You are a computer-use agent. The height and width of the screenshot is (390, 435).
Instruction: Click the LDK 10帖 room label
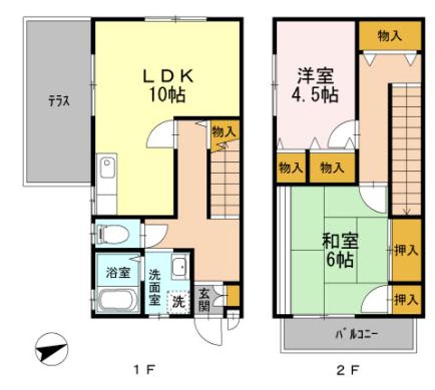[x=168, y=85]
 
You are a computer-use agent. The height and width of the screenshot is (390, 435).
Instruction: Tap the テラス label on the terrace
[x=59, y=101]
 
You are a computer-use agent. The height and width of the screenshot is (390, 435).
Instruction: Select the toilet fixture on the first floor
[x=112, y=234]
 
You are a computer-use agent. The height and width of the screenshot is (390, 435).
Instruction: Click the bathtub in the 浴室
[x=117, y=301]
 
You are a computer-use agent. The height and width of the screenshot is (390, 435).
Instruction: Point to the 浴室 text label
[x=118, y=273]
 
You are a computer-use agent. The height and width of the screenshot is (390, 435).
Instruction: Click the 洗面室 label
[x=155, y=288]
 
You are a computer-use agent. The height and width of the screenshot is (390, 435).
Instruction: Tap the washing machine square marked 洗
[x=178, y=302]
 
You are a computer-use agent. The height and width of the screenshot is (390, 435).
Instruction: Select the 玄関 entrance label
[x=204, y=299]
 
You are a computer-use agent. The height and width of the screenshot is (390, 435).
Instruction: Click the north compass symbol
[x=51, y=349]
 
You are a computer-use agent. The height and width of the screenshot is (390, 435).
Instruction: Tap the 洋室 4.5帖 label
[x=315, y=85]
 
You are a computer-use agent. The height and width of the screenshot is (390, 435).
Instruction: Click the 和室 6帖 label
[x=340, y=250]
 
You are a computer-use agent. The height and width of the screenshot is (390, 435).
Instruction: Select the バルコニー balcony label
[x=356, y=334]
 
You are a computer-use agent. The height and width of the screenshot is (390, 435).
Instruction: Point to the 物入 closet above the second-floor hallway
[x=390, y=36]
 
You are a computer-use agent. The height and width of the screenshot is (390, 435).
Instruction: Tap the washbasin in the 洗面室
[x=179, y=267]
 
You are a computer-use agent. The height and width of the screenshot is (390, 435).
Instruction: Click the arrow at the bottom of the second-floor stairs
[x=407, y=212]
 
